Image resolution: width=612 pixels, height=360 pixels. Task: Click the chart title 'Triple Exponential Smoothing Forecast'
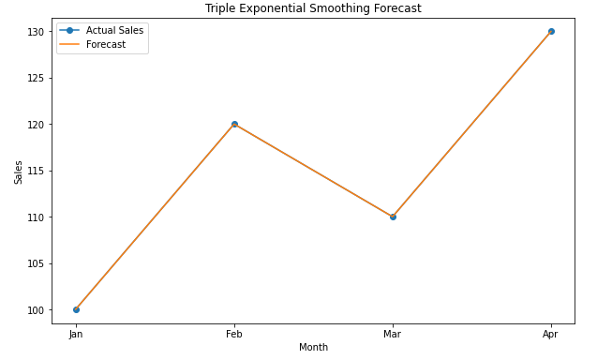[x=313, y=8]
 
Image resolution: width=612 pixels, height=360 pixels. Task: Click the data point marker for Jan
[x=76, y=309]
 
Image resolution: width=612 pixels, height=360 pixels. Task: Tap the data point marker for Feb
[x=234, y=124]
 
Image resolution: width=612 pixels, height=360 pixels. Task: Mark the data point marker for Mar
[x=393, y=217]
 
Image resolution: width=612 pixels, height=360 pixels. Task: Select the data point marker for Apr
[x=551, y=31]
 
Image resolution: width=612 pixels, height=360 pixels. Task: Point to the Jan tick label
[x=76, y=334]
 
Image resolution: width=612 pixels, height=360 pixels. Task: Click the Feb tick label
[x=234, y=334]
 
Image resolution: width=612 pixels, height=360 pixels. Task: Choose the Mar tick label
[x=393, y=334]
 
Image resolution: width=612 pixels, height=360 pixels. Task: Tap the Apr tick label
[x=551, y=334]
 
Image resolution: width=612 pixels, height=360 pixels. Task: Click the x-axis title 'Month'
[x=313, y=348]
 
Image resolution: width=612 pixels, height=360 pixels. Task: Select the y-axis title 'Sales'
[x=18, y=172]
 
